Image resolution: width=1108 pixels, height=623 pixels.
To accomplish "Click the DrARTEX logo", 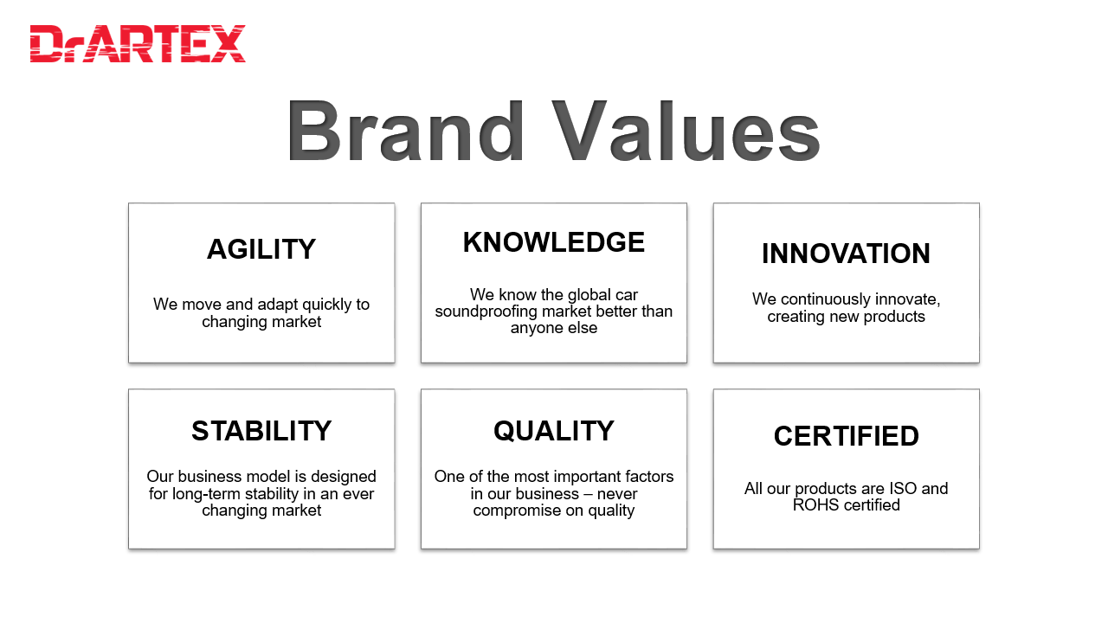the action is [138, 43].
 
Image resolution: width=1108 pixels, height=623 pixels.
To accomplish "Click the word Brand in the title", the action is [405, 131].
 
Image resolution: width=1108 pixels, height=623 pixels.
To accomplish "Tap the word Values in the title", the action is [686, 131].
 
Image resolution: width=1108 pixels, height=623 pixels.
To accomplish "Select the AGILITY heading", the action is [261, 248].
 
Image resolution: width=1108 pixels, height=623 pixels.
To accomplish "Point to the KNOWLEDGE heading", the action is [553, 242].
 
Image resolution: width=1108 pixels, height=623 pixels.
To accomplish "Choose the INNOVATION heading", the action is [846, 254].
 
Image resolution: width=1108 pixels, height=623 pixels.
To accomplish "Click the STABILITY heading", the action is [261, 431].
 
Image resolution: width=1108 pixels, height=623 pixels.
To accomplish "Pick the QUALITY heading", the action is [553, 431].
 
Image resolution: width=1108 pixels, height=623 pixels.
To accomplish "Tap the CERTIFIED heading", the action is [846, 436].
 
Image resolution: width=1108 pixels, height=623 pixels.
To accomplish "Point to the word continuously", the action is [826, 299].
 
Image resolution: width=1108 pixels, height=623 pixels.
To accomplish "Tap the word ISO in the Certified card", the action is [903, 489].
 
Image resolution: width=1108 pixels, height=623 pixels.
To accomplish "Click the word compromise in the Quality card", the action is [517, 511].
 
